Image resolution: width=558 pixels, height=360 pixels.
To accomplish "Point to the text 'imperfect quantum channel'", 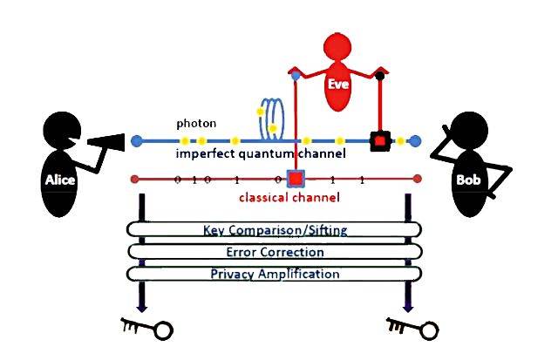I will tap(261, 153).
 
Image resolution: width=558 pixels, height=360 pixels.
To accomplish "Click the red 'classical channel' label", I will tap(289, 198).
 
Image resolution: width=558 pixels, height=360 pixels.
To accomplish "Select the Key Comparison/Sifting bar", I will tap(274, 231).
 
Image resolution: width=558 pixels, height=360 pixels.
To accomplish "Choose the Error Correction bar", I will tap(274, 253).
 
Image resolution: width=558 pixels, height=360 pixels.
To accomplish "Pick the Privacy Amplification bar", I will tap(274, 275).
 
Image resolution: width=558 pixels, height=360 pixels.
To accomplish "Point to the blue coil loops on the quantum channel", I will tap(273, 119).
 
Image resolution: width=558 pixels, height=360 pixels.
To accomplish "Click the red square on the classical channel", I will tap(295, 180).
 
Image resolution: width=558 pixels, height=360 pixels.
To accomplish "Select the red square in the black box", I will tap(379, 139).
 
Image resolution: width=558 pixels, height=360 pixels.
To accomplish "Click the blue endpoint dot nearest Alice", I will tap(135, 140).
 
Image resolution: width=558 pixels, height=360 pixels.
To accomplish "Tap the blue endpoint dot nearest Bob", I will tap(416, 140).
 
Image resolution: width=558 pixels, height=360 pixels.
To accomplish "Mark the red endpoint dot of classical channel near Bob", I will tap(418, 179).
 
